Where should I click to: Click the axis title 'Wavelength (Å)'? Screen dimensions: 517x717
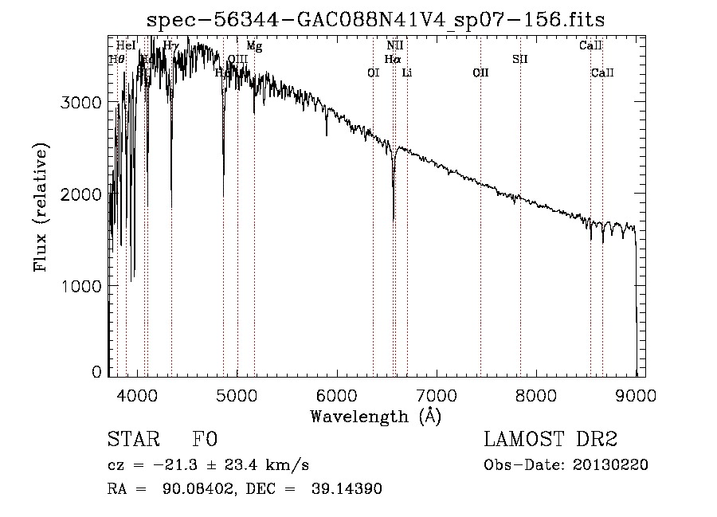375,416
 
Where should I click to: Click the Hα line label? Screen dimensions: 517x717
392,59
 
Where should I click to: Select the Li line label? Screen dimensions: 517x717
406,73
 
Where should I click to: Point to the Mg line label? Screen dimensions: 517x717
254,46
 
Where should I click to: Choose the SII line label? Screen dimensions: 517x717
520,59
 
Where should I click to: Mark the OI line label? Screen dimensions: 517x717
373,73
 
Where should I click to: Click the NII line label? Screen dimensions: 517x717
394,46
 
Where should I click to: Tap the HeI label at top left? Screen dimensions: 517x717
125,46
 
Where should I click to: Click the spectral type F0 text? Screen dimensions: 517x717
204,440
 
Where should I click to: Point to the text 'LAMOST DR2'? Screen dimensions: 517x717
550,440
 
